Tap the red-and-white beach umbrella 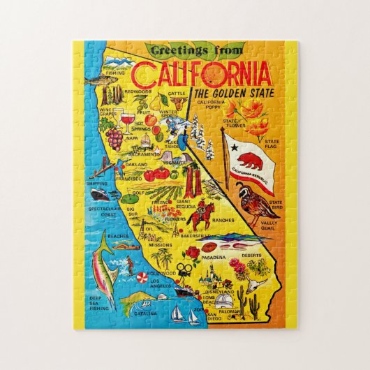pos(140,280)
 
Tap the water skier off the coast pos(127,263)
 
